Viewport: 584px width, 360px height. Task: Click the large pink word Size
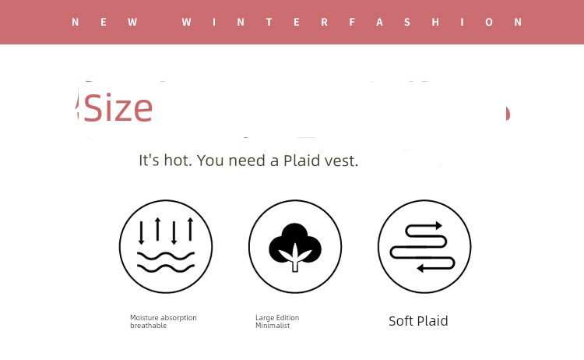click(118, 108)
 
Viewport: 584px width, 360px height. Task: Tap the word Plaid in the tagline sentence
click(301, 161)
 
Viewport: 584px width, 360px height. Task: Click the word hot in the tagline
click(178, 161)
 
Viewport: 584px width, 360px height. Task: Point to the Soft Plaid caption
click(418, 321)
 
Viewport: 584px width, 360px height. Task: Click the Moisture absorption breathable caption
click(164, 321)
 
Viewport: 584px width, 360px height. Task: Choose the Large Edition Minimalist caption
click(277, 321)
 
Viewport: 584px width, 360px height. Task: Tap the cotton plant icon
click(295, 248)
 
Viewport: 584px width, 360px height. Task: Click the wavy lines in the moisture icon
click(166, 262)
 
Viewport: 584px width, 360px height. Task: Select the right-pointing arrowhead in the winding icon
click(438, 225)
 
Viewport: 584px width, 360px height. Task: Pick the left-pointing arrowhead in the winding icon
click(420, 268)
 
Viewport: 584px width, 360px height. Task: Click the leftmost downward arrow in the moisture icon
click(141, 233)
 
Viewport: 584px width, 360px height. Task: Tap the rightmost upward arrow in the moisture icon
click(191, 229)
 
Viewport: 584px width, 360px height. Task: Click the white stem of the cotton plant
click(295, 263)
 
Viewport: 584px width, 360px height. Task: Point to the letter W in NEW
click(132, 22)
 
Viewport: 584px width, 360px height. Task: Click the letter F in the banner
click(352, 22)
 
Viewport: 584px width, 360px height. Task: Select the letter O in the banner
click(489, 22)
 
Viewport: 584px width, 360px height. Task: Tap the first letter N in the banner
click(76, 22)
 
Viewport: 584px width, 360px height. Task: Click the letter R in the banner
click(325, 22)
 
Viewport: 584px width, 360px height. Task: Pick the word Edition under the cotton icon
click(287, 317)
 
